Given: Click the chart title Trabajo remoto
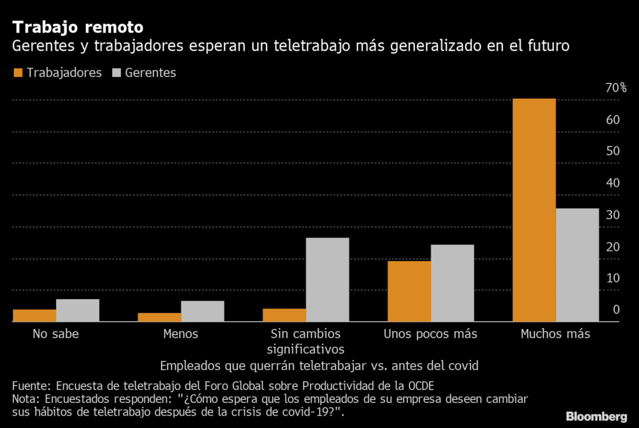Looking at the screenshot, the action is click(x=78, y=27).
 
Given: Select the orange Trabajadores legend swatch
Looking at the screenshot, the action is click(x=18, y=72).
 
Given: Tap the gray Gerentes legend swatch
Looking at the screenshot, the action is click(x=117, y=72).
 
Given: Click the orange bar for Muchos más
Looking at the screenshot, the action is click(x=534, y=210).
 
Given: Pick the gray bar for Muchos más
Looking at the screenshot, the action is click(x=577, y=265).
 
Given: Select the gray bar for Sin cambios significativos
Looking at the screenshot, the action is click(x=327, y=279).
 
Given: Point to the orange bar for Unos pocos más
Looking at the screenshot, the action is click(x=409, y=291).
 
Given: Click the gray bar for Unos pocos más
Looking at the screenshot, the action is click(x=452, y=283).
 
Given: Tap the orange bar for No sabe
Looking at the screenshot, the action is click(x=35, y=316).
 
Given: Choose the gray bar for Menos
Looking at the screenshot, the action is click(x=203, y=311).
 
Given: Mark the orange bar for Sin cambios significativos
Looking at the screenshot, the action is click(x=285, y=315).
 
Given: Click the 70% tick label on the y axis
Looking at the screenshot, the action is click(x=616, y=87).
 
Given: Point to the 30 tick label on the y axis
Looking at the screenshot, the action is click(x=613, y=215).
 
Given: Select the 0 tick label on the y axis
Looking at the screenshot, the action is click(x=616, y=310).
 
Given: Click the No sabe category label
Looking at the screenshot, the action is click(x=56, y=334).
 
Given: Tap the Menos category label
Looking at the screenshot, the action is click(x=180, y=334).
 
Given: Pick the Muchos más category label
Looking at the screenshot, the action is click(x=555, y=334).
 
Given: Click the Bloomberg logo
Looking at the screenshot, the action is click(x=596, y=417).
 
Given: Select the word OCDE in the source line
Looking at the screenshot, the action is click(x=421, y=386).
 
